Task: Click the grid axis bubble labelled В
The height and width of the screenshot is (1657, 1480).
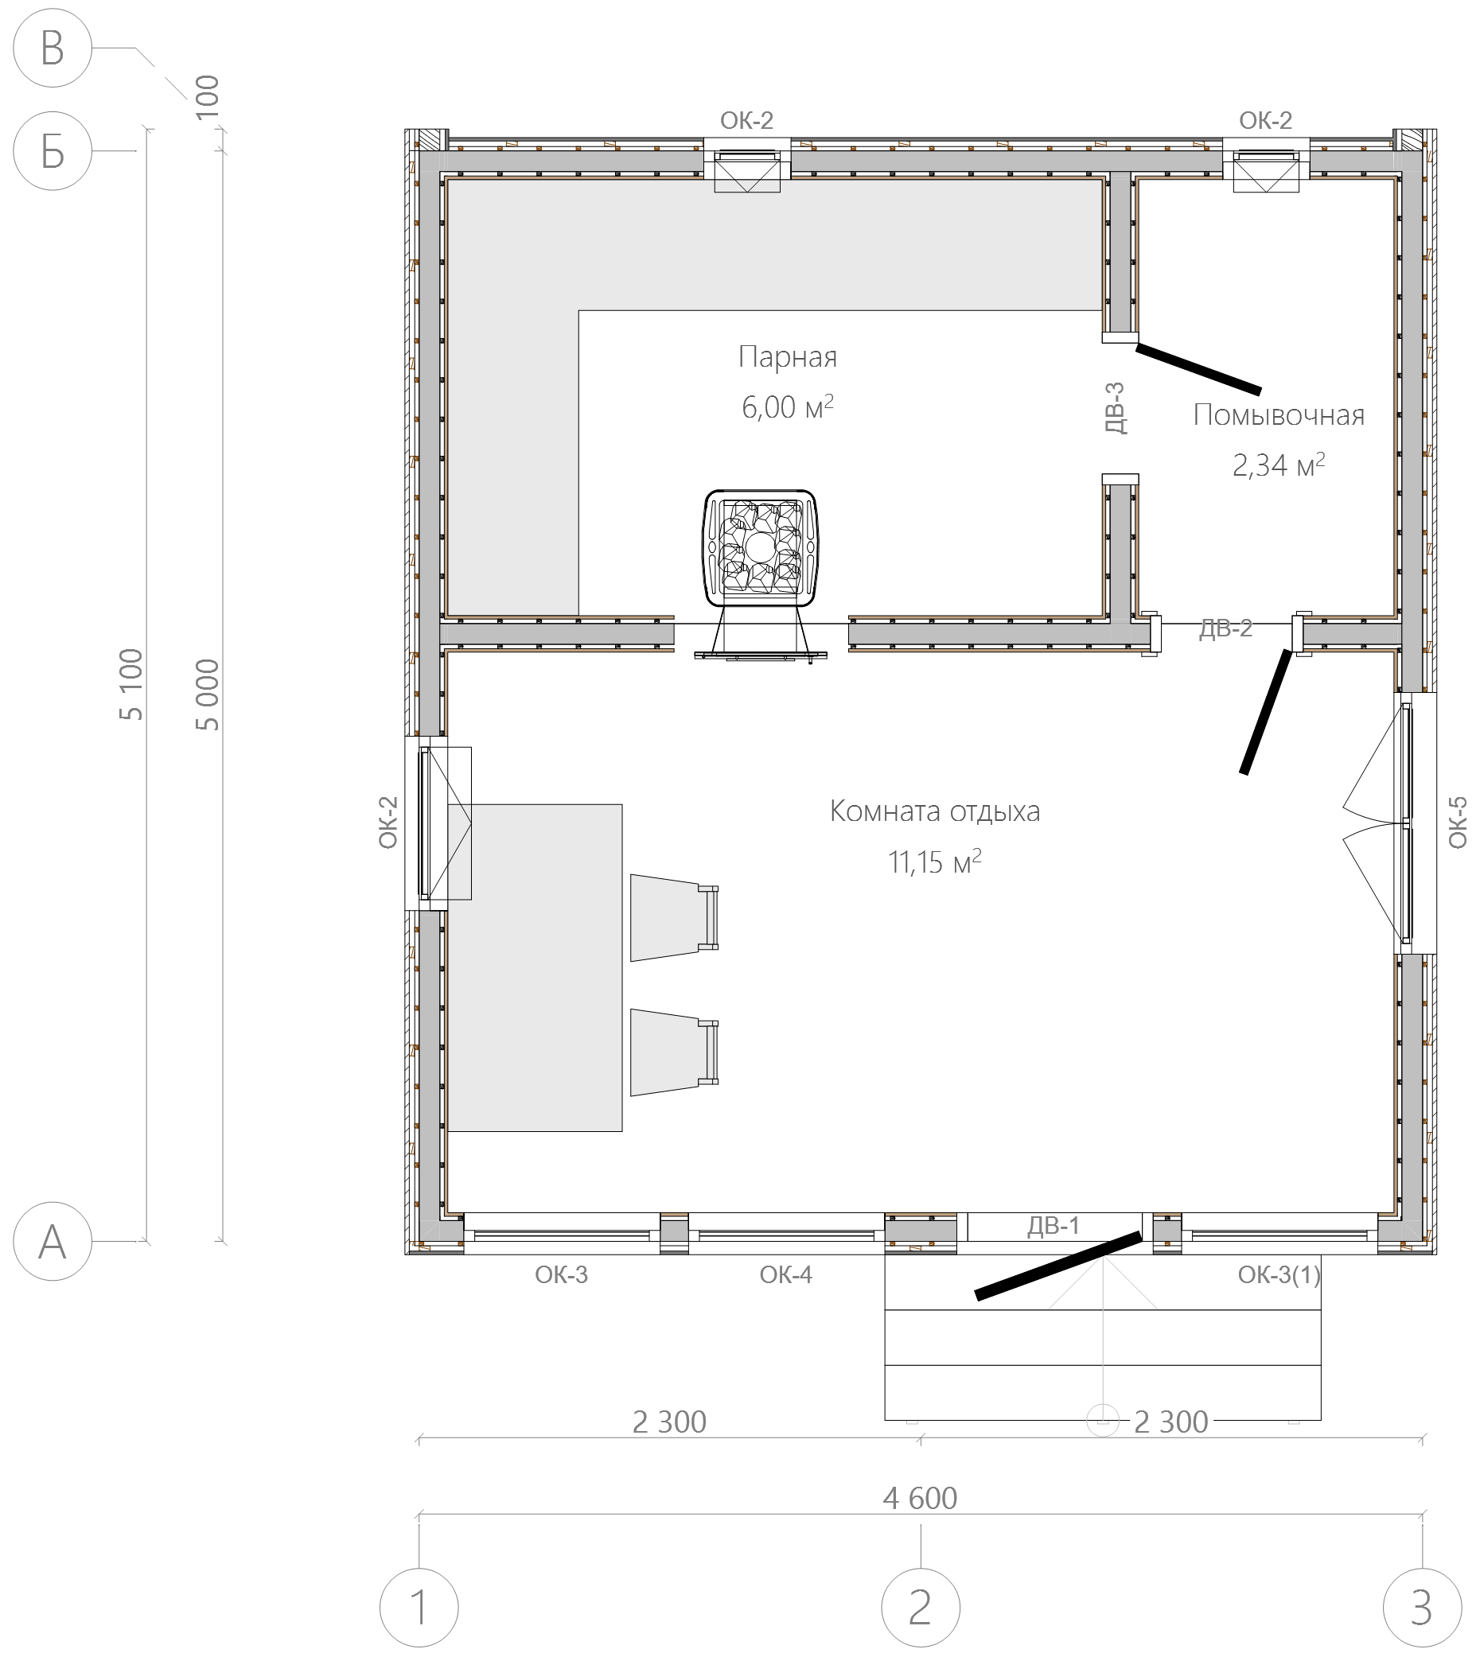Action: tap(53, 48)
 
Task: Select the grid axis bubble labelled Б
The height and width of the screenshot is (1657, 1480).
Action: tap(53, 151)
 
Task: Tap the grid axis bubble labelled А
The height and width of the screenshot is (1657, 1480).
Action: tap(53, 1242)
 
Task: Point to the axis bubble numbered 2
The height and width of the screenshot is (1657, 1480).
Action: tap(921, 1608)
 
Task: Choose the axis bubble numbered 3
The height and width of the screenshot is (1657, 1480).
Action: tap(1422, 1608)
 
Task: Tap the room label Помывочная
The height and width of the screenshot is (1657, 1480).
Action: tap(1279, 415)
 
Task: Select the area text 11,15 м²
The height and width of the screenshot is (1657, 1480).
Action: tap(935, 862)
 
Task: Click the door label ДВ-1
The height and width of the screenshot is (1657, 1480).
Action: tap(1053, 1225)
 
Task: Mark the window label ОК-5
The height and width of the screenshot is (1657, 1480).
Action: tap(1457, 822)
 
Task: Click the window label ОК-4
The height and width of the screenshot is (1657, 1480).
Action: tap(785, 1274)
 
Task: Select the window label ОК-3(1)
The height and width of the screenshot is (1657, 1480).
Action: tap(1279, 1274)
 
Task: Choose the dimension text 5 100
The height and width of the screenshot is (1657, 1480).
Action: tap(131, 685)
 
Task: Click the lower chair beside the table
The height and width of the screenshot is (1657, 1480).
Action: tap(674, 1052)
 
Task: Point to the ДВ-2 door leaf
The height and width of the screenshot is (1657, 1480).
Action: tap(1265, 711)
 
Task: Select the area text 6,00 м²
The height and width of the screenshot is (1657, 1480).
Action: tap(787, 406)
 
